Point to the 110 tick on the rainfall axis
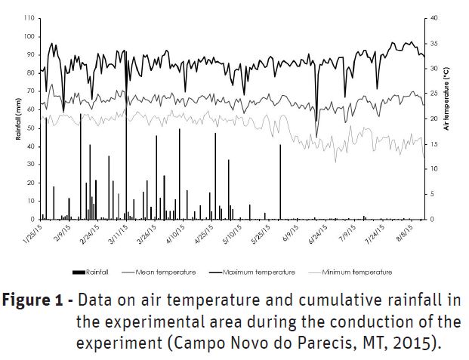click(29, 17)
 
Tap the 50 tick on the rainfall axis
click(30, 128)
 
